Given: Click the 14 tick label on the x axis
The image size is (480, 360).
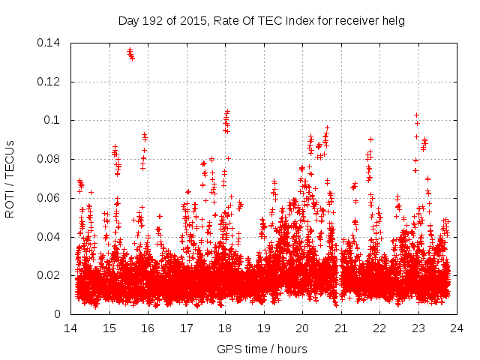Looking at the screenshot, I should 70,328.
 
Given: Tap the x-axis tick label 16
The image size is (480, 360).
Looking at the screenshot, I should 148,328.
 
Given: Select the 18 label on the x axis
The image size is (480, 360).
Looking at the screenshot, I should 225,328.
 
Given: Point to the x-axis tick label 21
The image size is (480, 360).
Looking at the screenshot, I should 341,328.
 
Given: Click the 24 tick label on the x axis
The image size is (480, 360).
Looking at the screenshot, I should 457,328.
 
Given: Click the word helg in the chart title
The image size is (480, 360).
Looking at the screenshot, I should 393,21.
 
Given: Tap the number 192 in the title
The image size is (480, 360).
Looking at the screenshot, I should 154,21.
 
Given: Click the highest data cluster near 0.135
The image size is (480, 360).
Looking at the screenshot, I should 130,54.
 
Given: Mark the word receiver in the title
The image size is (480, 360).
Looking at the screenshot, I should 357,21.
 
